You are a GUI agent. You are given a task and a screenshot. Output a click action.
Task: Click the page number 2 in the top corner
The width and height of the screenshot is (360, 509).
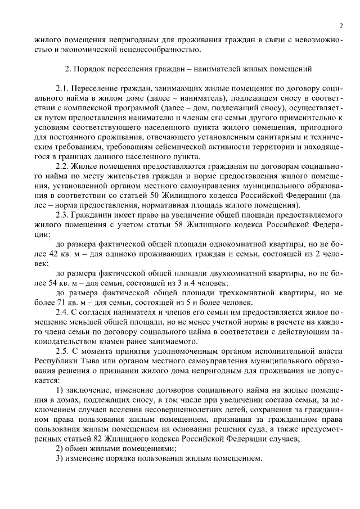(x=341, y=26)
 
